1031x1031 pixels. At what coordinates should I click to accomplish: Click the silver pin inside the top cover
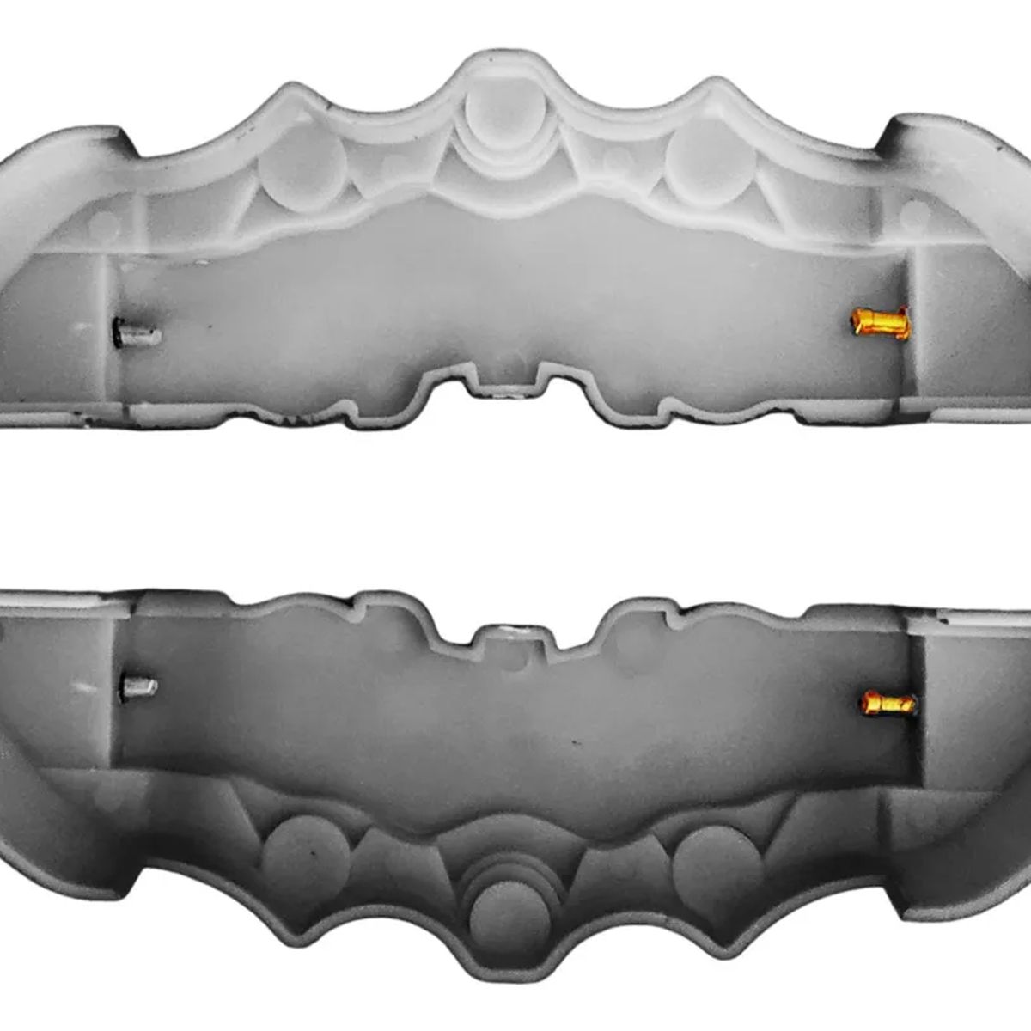[137, 332]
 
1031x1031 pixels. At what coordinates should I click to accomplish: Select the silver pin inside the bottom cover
[140, 686]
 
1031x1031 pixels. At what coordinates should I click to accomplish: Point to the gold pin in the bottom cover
[887, 704]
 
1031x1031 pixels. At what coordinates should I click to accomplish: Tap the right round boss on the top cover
[711, 163]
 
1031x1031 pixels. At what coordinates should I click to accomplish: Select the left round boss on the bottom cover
[306, 856]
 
